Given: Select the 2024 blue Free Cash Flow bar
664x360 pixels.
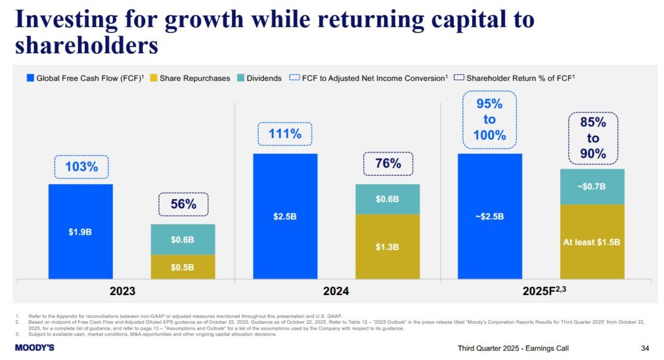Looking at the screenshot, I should [285, 216].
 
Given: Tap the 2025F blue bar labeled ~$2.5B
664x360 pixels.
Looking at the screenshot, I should [490, 216].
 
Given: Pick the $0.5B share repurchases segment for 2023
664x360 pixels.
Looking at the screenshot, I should [183, 267].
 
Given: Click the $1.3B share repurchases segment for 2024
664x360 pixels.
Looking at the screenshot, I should [387, 246].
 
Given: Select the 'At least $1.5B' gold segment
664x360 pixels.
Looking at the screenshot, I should [591, 242].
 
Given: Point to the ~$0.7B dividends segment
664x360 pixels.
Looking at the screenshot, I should [591, 187].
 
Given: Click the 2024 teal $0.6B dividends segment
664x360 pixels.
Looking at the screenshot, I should [387, 199].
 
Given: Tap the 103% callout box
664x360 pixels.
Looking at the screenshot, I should [81, 167].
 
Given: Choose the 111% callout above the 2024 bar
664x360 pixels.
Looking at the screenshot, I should [285, 134].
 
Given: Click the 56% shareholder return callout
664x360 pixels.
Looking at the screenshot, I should [184, 204].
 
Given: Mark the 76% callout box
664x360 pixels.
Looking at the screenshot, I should [387, 163].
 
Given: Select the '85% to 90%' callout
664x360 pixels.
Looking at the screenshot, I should [593, 138].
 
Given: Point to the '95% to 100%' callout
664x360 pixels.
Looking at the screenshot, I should [490, 119].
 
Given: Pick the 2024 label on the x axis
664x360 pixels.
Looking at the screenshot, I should [336, 291].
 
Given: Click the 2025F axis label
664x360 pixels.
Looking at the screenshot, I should [543, 291].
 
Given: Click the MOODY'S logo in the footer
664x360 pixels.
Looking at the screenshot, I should [34, 348].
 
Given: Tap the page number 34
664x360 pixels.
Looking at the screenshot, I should [645, 348].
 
